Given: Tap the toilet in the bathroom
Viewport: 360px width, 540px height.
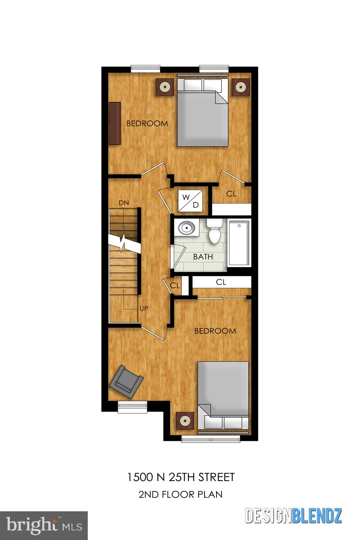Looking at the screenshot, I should click(x=214, y=232).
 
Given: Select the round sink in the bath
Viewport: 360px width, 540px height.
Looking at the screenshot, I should click(x=186, y=228).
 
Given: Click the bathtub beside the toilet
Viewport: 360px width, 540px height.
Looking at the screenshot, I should click(x=239, y=243).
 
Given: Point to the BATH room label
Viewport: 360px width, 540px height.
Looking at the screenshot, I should click(x=203, y=257).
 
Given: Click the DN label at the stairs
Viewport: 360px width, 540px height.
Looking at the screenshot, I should click(x=123, y=203).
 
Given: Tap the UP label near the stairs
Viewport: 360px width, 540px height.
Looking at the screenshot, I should click(x=144, y=309).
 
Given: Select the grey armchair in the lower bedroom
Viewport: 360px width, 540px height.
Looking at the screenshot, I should click(x=126, y=382).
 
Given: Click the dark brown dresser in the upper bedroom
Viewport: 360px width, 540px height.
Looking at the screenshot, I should click(x=115, y=123).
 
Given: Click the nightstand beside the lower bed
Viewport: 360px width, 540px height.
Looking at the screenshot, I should click(x=185, y=420).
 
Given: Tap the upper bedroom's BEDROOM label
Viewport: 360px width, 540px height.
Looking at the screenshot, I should click(x=147, y=123).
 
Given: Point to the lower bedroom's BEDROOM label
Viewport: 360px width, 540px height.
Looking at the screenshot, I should click(x=215, y=331).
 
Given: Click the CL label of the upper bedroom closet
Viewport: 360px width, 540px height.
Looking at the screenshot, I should click(x=231, y=193).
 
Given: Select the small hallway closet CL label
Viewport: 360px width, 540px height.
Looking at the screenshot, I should click(x=175, y=285).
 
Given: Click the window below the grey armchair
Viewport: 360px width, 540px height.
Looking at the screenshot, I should click(x=132, y=407).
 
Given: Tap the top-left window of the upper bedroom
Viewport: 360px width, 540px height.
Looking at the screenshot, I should click(x=145, y=69).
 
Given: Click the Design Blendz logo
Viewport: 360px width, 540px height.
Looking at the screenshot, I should click(x=293, y=516).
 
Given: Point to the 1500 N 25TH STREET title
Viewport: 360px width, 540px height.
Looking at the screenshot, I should click(x=180, y=477).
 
